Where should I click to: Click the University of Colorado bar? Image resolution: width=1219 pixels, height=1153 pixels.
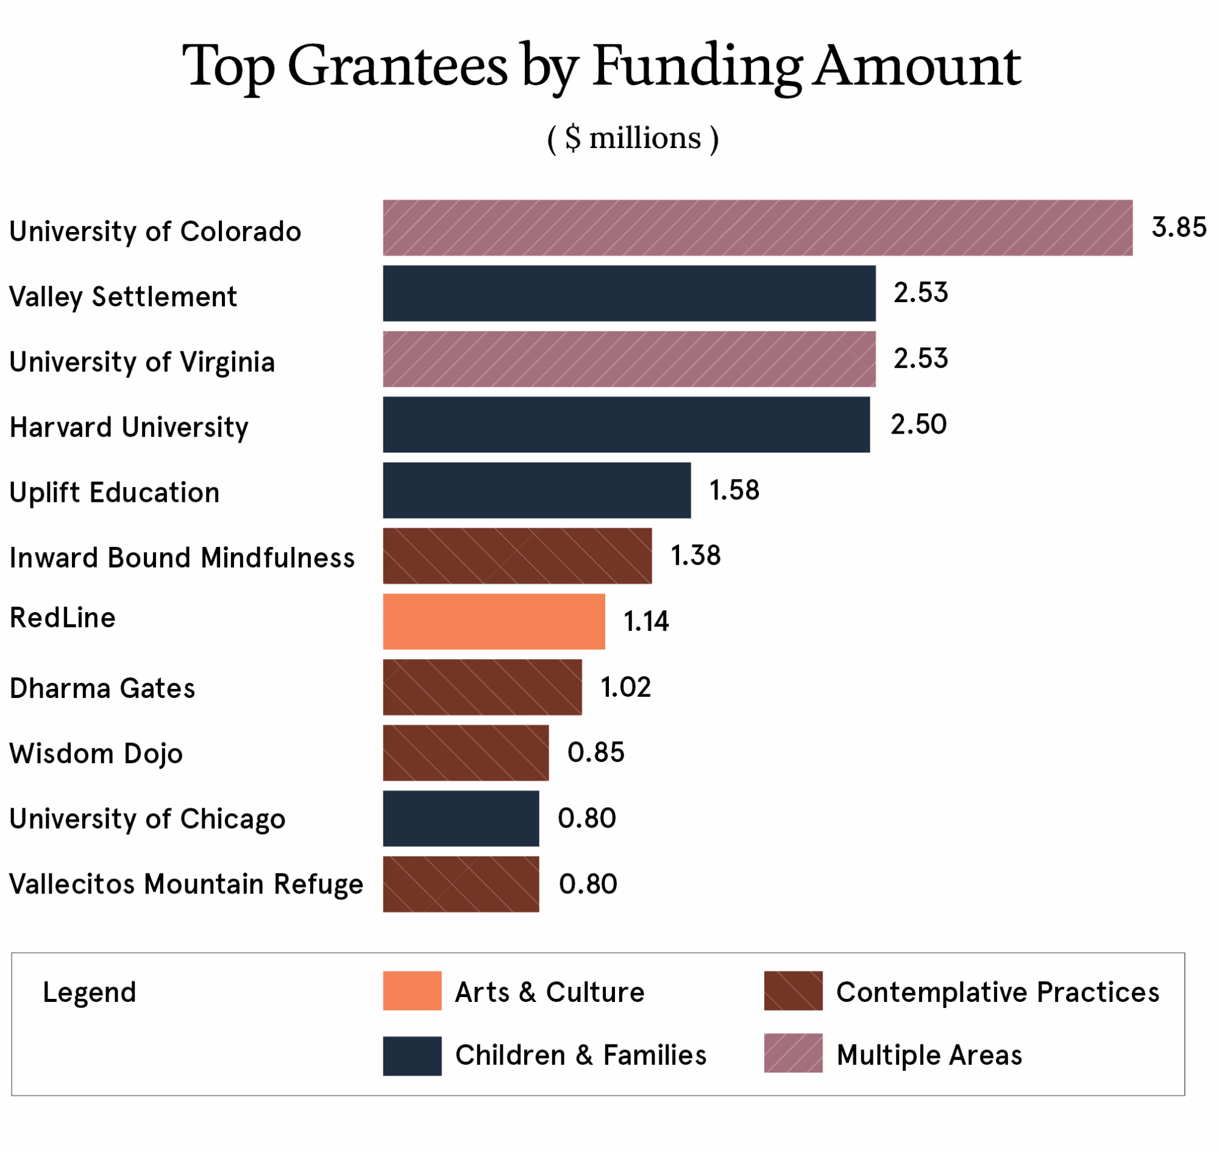[x=757, y=227]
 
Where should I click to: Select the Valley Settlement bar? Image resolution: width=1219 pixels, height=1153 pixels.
[x=628, y=293]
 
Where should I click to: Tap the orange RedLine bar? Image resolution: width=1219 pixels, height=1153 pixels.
[x=493, y=621]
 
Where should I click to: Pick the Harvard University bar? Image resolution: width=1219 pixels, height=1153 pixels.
[x=626, y=424]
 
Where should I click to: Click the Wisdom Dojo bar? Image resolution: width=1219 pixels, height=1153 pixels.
[x=466, y=753]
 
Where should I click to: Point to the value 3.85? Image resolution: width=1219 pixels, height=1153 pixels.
[x=1178, y=227]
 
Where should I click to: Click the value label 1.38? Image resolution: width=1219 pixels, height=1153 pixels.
[x=695, y=555]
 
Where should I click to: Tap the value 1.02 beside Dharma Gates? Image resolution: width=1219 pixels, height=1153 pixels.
[x=625, y=687]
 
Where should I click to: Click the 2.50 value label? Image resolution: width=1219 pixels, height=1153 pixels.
[x=919, y=424]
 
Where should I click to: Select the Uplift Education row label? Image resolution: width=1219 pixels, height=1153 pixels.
[x=115, y=492]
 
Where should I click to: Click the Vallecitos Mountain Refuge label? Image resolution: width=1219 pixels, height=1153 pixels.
[x=187, y=884]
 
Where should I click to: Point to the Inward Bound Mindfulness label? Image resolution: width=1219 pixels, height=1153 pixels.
[x=182, y=557]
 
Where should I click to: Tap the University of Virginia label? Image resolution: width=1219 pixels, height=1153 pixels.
[x=142, y=361]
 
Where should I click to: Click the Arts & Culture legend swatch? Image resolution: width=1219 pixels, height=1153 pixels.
[x=412, y=991]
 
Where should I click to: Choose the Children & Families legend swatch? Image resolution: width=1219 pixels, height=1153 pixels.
[x=412, y=1056]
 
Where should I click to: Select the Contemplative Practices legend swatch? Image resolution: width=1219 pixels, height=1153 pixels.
[x=794, y=991]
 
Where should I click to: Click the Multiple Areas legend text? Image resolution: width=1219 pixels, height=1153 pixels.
[x=929, y=1056]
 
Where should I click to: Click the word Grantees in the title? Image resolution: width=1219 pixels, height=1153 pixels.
[x=397, y=66]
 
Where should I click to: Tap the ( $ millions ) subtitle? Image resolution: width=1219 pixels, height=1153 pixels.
[x=633, y=138]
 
